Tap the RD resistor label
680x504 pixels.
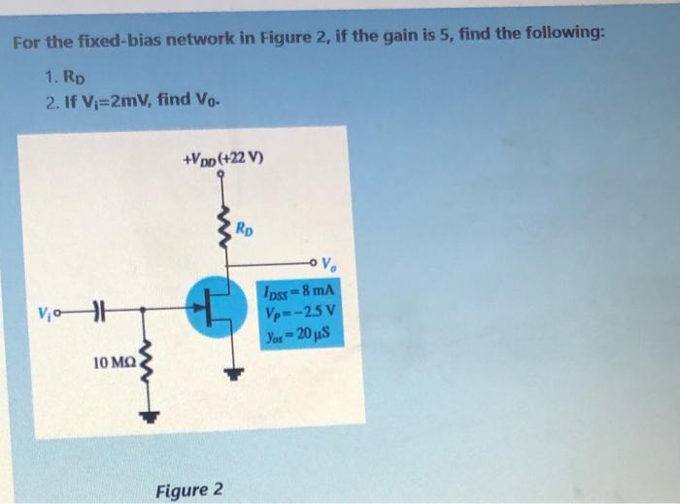248,230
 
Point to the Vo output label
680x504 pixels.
330,260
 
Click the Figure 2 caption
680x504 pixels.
189,488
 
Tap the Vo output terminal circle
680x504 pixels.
314,261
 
